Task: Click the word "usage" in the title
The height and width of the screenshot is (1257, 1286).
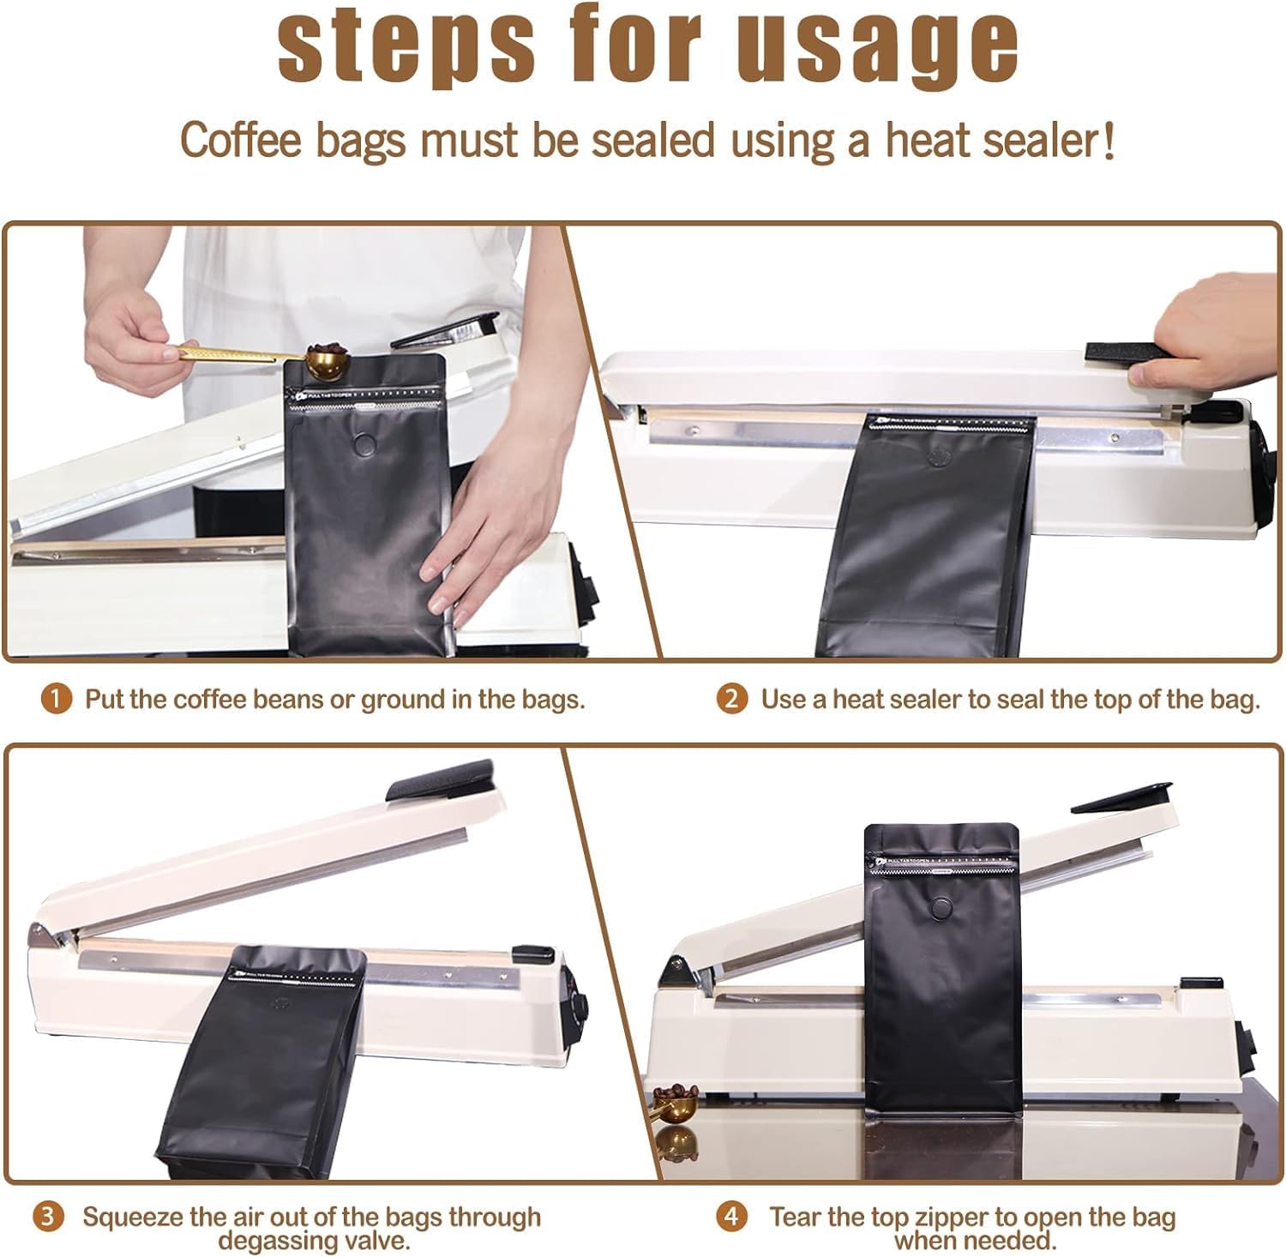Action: [878, 45]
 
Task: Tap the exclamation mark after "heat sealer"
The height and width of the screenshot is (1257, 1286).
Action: [1109, 140]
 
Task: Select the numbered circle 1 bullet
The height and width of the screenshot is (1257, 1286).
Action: [56, 699]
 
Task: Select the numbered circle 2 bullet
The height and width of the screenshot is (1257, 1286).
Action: [731, 699]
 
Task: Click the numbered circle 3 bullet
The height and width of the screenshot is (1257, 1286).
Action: [49, 1217]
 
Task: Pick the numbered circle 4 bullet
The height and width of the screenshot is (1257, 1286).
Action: [731, 1217]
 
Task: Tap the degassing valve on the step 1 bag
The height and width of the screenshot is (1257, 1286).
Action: [365, 444]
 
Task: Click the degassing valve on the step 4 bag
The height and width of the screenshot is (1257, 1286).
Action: [941, 908]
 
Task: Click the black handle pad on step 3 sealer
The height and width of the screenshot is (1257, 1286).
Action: [440, 779]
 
